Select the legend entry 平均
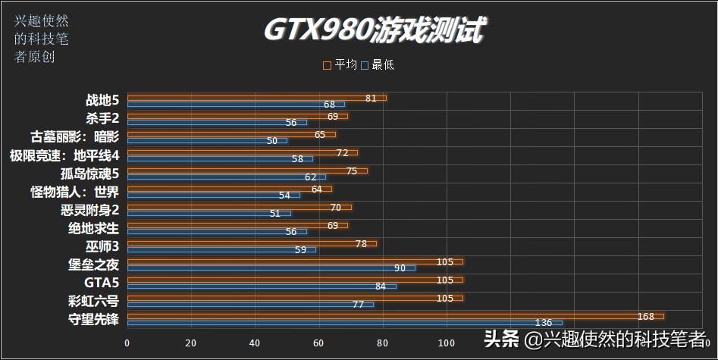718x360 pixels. coord(340,65)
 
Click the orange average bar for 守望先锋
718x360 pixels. coord(394,316)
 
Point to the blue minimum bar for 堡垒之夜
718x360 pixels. coord(271,268)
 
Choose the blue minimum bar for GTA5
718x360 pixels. coord(262,286)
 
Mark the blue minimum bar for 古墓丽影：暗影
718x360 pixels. coord(207,140)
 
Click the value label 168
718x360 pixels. coord(646,316)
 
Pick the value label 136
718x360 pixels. coord(544,324)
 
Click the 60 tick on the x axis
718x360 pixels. coord(319,343)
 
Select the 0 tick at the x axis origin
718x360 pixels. coord(127,343)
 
